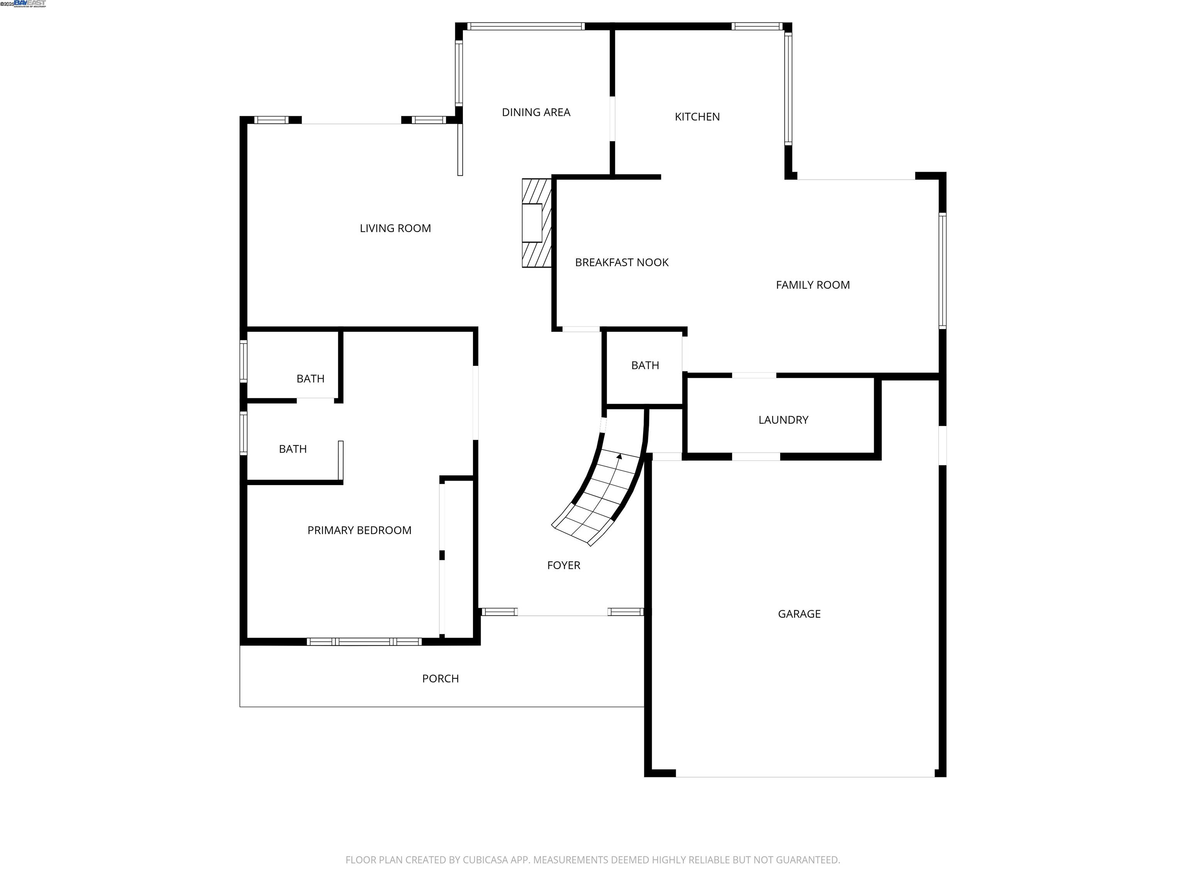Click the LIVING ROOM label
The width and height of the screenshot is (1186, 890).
pos(395,229)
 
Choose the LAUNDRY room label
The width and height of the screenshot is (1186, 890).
pos(783,420)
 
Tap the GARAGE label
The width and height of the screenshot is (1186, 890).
pos(799,614)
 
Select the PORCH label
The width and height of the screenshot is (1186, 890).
pos(440,679)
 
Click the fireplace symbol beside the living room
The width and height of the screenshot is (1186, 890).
pos(536,222)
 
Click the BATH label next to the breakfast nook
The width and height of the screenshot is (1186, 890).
pos(645,366)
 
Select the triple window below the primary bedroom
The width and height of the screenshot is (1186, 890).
pos(364,642)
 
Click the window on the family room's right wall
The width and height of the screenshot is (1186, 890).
pos(942,270)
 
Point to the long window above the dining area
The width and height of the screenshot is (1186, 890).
pos(525,26)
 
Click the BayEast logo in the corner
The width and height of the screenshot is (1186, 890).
pos(29,4)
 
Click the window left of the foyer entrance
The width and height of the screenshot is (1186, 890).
pos(499,611)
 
